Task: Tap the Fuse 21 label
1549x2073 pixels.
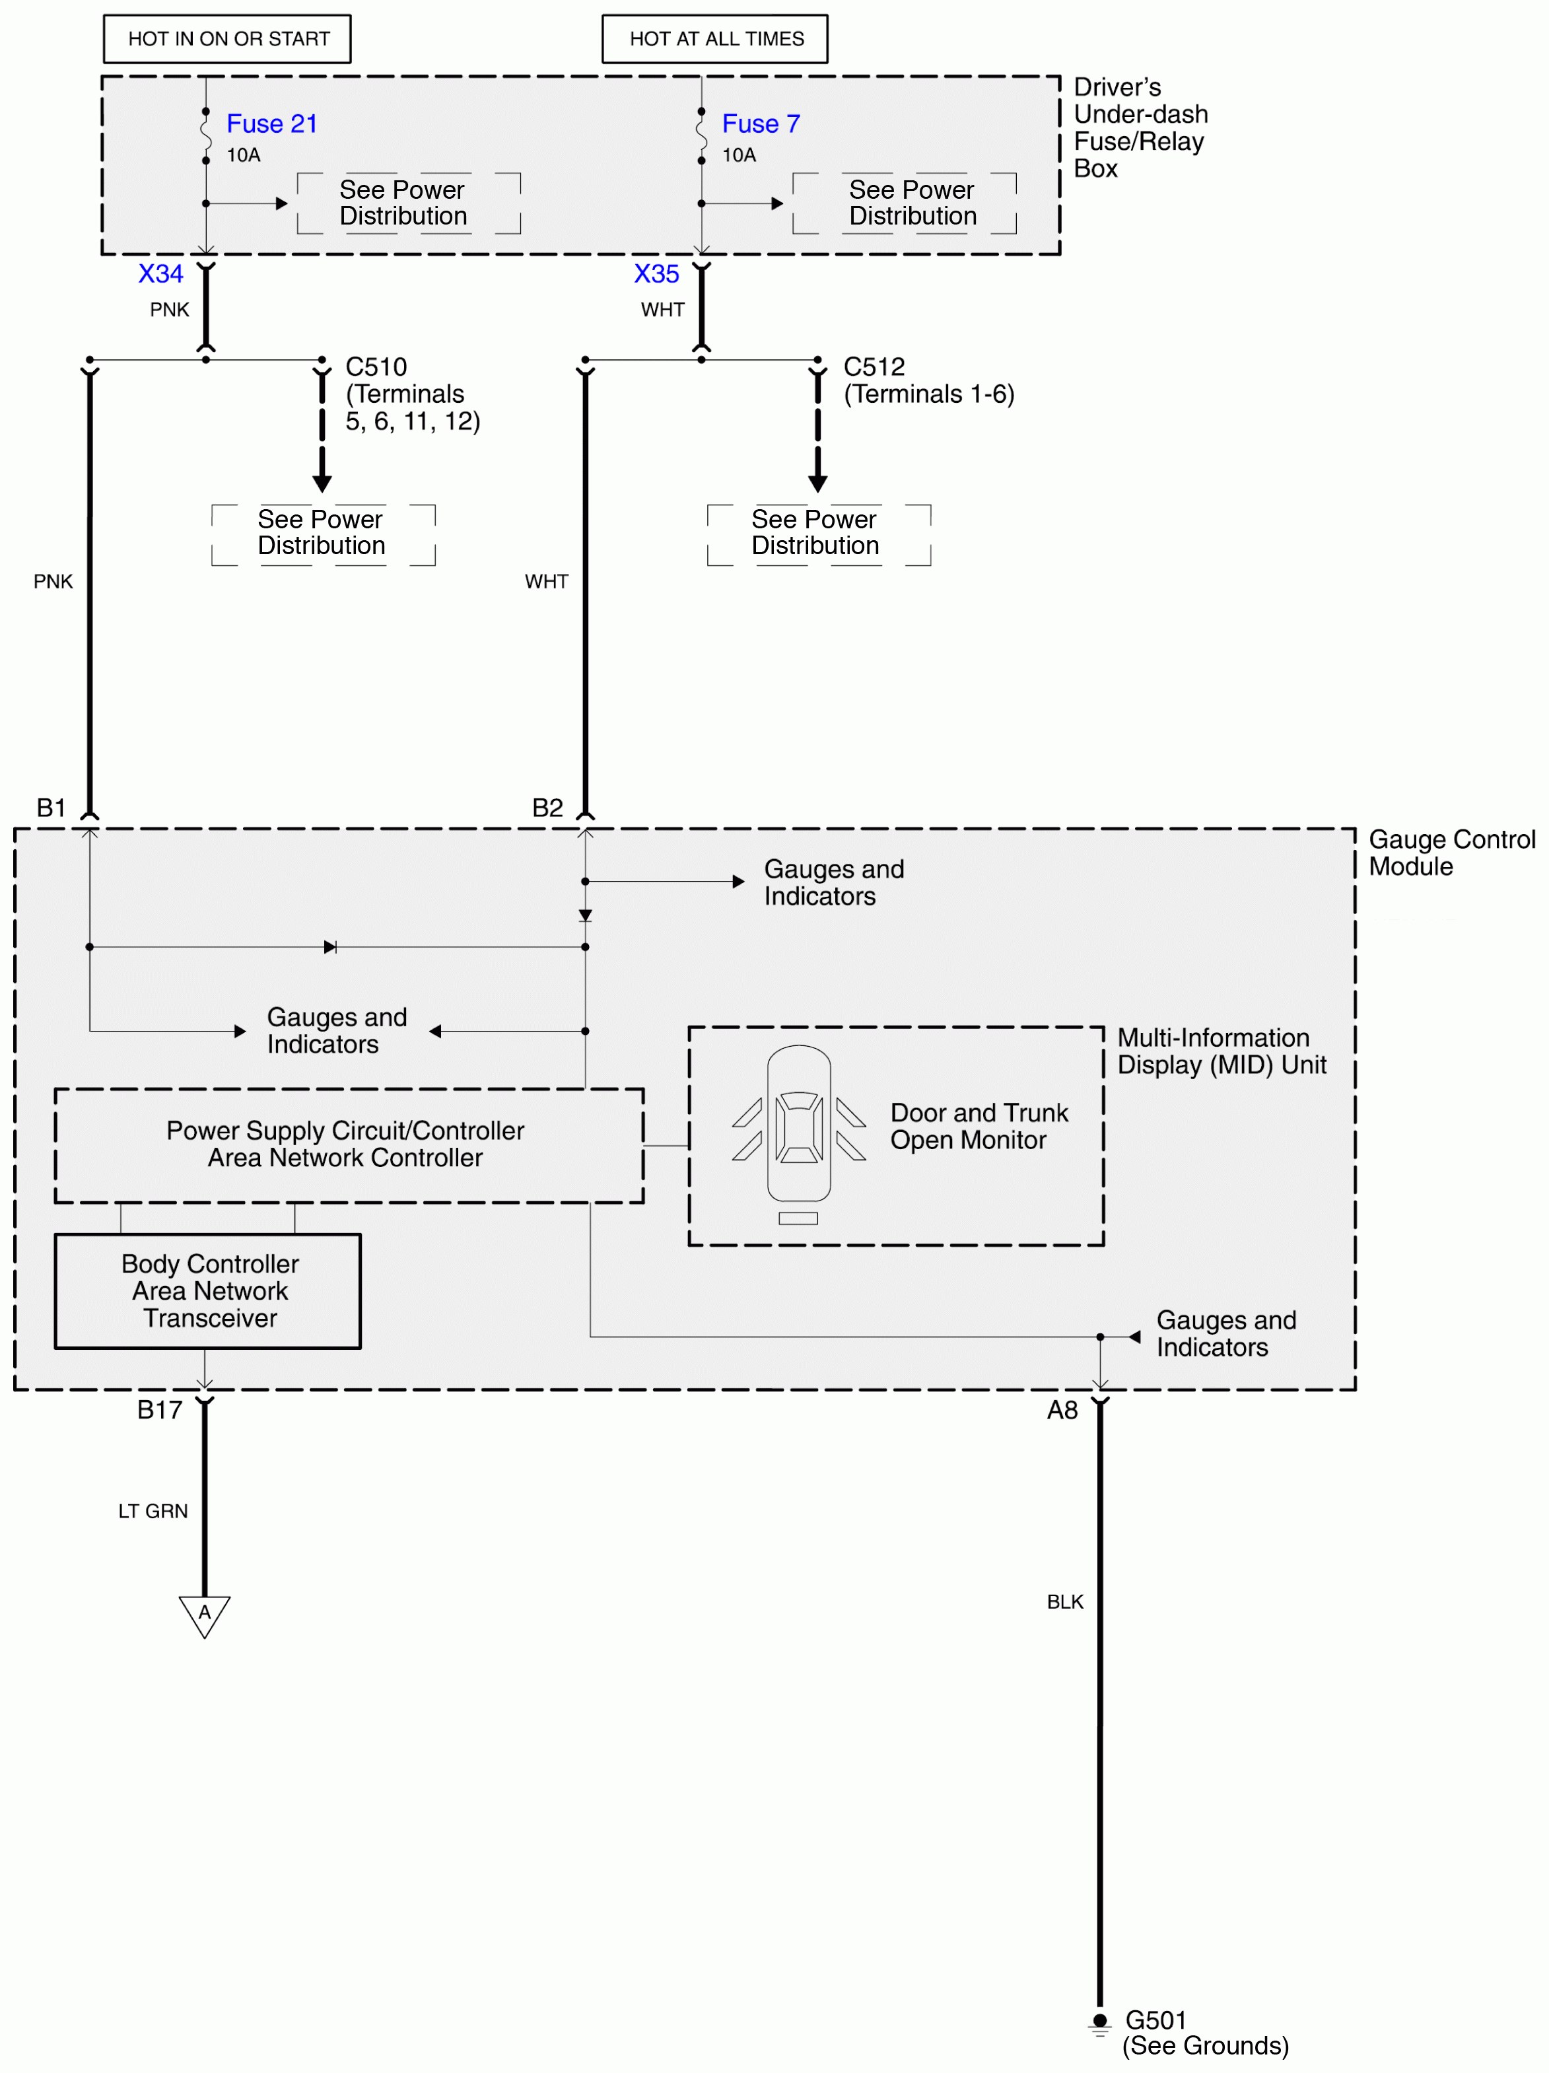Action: tap(272, 123)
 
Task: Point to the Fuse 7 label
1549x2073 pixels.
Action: tap(760, 123)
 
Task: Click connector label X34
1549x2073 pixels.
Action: tap(160, 273)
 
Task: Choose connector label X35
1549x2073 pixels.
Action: tap(656, 273)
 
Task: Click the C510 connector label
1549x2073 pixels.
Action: tap(376, 367)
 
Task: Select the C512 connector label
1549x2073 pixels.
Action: tap(874, 367)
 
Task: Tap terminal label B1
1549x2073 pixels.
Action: tap(51, 808)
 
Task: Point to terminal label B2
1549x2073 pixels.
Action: tap(547, 808)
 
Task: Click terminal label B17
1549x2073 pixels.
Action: tap(159, 1409)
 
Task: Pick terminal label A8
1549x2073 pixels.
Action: tap(1062, 1409)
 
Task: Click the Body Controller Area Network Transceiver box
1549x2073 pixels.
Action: tap(208, 1290)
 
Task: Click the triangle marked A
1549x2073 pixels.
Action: tap(204, 1614)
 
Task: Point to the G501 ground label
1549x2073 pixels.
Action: tap(1155, 2020)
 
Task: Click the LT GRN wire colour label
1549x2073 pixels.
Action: tap(153, 1511)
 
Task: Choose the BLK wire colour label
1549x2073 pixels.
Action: tap(1064, 1601)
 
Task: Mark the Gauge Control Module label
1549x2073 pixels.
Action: tap(1451, 852)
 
